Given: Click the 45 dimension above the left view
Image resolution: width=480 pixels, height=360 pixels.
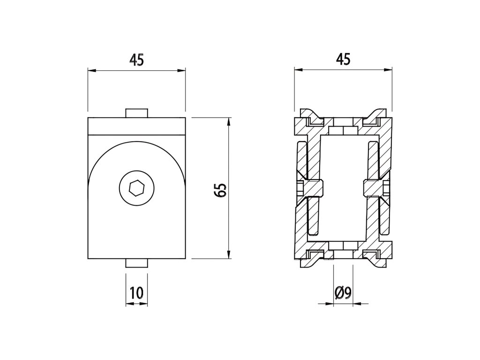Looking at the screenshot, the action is [136, 60].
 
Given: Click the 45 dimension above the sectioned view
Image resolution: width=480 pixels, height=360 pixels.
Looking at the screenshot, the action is [343, 59].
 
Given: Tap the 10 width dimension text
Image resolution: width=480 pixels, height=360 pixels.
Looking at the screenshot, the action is [136, 292].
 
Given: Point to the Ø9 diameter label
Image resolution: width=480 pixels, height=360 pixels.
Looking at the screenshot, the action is [343, 293].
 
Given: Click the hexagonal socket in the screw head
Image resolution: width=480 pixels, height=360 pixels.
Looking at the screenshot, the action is [136, 188].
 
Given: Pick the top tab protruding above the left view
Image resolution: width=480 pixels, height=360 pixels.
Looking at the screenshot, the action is [136, 113].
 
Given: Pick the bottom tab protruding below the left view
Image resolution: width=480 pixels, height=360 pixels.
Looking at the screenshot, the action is [136, 263].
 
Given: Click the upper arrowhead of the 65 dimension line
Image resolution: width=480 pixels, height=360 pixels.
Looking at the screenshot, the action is [228, 122].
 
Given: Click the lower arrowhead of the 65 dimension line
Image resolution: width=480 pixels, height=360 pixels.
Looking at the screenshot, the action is [228, 255].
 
